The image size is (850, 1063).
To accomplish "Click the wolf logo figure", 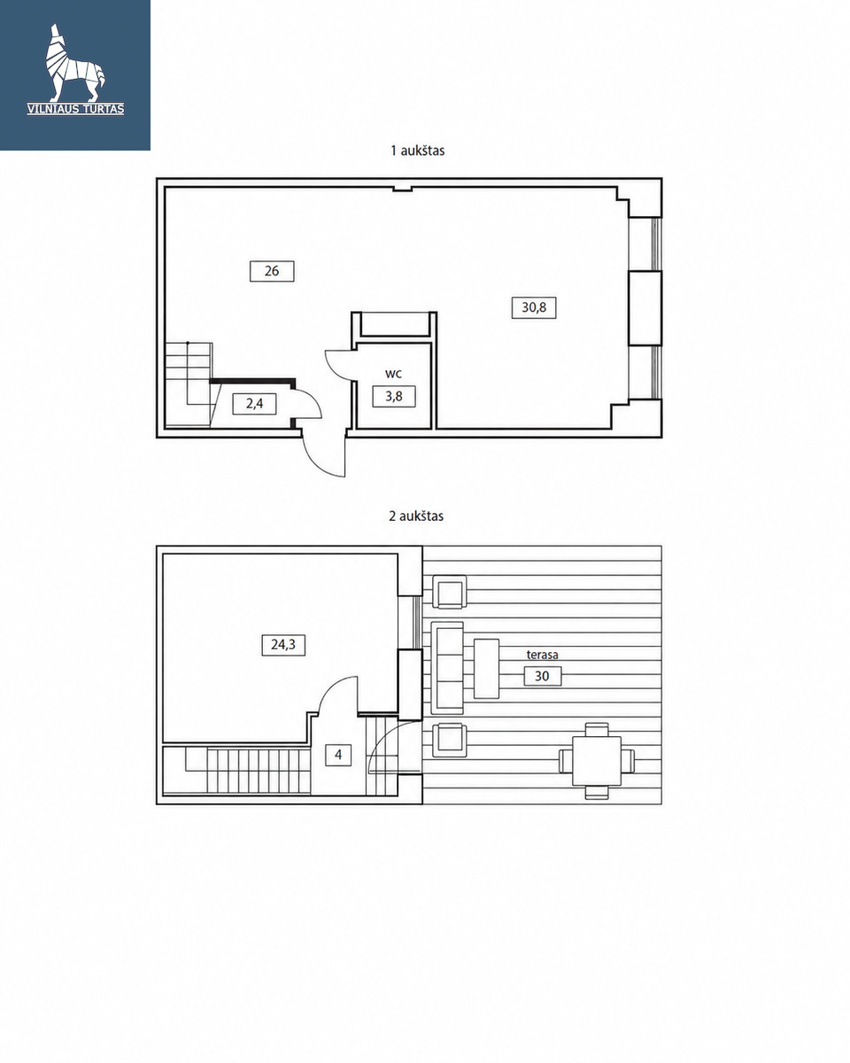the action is coord(74,63).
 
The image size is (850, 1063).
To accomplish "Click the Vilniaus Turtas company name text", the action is coord(75,109).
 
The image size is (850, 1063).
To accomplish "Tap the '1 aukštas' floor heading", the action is coord(417,151).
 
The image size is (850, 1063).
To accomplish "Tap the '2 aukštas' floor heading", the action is coord(416,516).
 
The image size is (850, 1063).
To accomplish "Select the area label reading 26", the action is coord(272,271).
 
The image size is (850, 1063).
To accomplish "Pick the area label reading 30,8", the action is coord(534,307).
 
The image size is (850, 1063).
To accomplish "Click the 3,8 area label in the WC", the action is coord(394,397).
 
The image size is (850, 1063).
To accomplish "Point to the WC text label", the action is coord(393,375).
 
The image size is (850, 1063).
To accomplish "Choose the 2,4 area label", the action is coord(254,404).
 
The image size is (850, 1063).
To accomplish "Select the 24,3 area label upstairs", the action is coord(283,645).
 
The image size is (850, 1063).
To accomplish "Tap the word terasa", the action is coord(542,655).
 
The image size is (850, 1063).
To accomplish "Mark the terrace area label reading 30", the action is coord(542,676).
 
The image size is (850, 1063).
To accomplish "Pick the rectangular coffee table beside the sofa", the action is coord(486,668).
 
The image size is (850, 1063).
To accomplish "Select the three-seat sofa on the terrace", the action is coord(447,668).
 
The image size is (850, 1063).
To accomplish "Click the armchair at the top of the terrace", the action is coord(450,592).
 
